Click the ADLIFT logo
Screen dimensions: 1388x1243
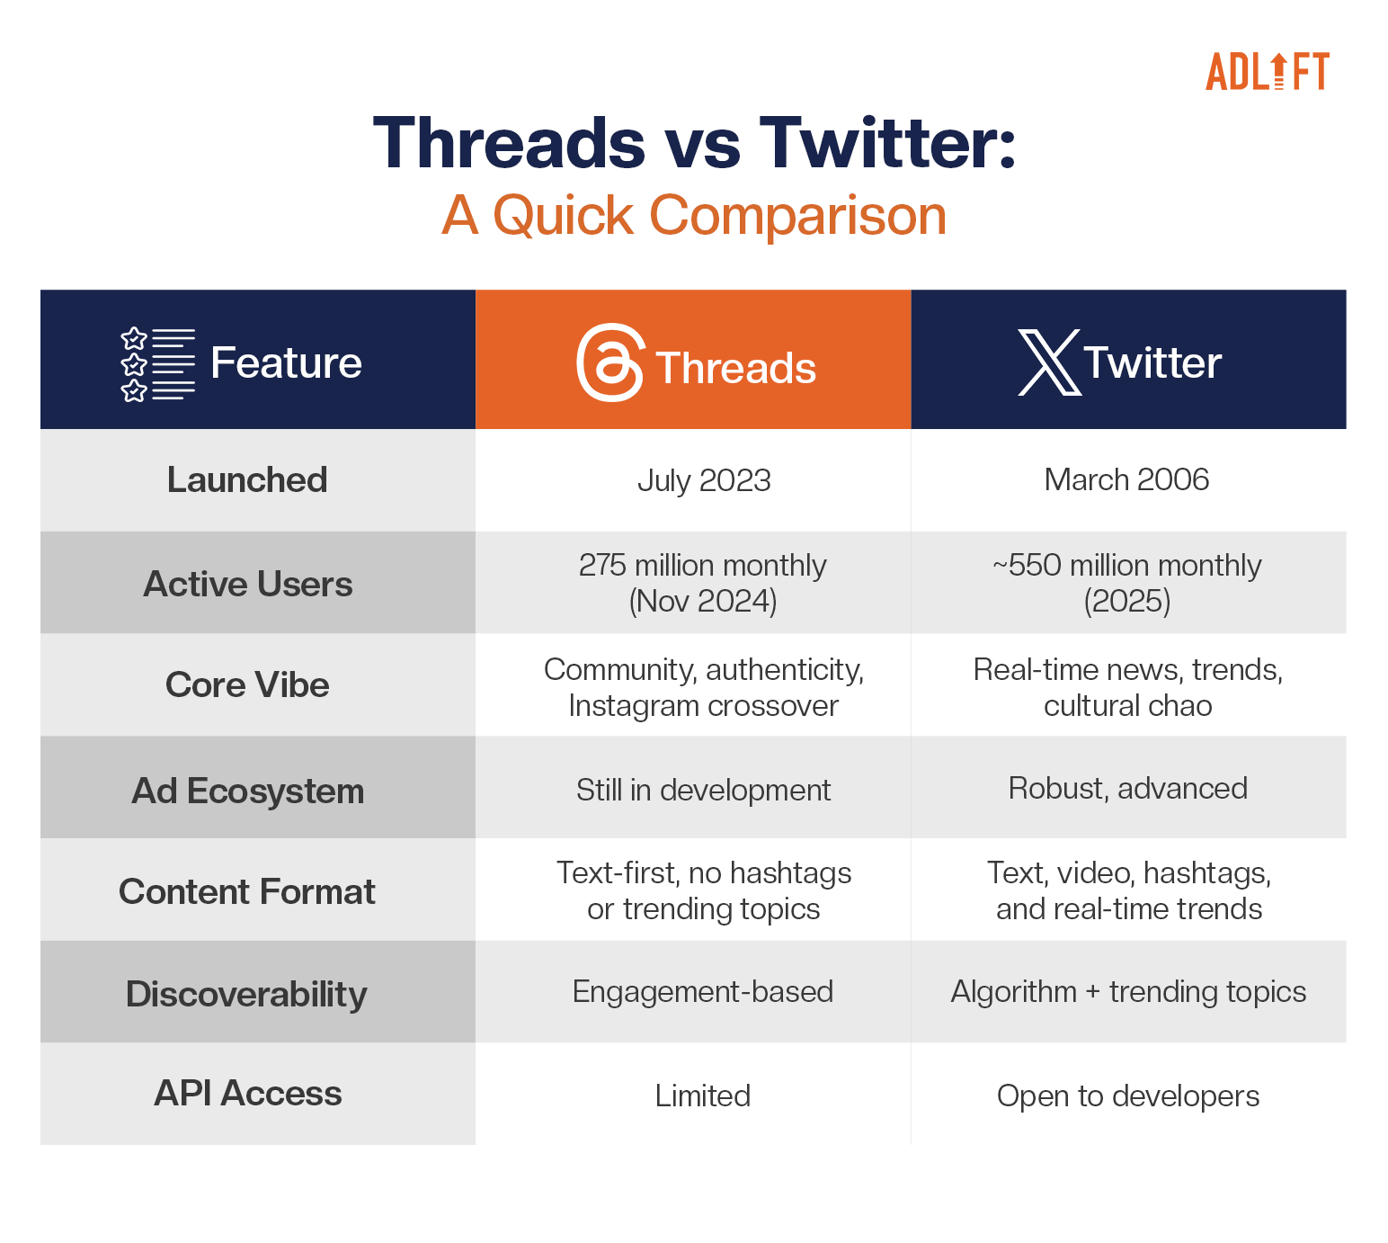click(x=1267, y=71)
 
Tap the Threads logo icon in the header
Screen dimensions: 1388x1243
click(x=609, y=362)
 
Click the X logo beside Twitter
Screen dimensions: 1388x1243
click(x=1049, y=362)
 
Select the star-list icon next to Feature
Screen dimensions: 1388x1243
click(x=157, y=364)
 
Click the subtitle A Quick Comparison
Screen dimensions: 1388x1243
click(x=694, y=215)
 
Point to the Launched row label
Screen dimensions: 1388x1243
click(x=247, y=479)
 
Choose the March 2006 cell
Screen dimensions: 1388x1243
click(x=1127, y=479)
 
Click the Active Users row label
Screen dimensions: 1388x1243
click(x=247, y=584)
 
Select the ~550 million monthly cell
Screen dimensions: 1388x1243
click(x=1127, y=583)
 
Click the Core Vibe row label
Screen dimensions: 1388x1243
click(x=247, y=684)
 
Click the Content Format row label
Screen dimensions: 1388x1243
click(x=247, y=891)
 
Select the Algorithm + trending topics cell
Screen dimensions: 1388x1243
click(x=1128, y=991)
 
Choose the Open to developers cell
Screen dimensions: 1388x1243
click(x=1127, y=1095)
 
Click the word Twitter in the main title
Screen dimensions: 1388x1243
click(x=887, y=143)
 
